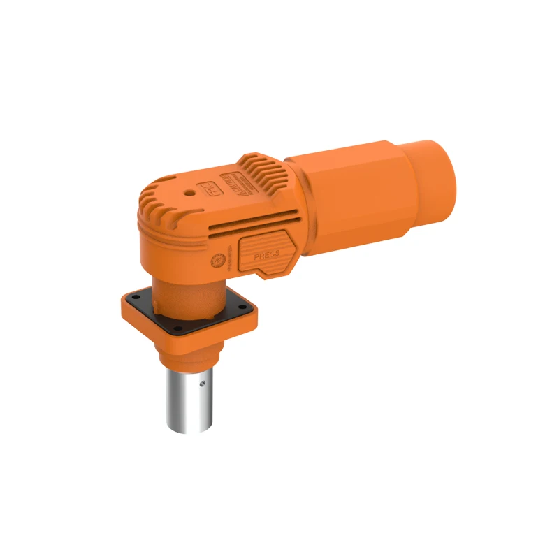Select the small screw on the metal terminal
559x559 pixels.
202,383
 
